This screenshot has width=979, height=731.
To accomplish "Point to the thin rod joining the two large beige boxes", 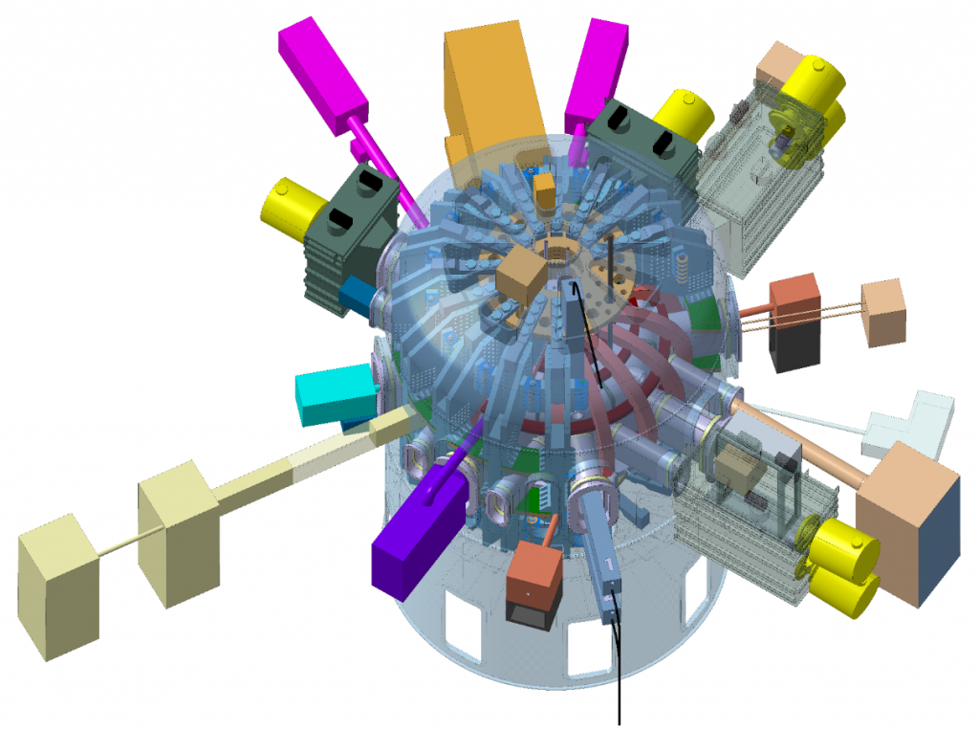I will click(119, 548).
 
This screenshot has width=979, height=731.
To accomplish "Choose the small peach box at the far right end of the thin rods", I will click(882, 312).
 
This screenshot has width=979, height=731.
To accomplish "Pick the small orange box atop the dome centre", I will click(544, 190).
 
